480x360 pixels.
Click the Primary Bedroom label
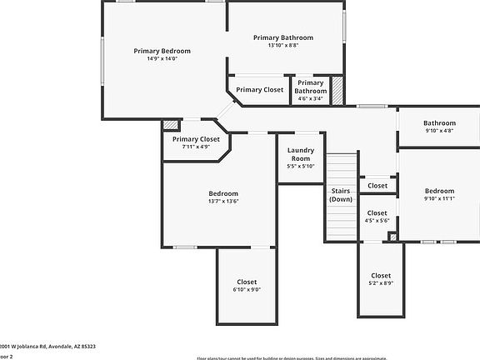tap(162, 51)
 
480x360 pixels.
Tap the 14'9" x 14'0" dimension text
tap(162, 59)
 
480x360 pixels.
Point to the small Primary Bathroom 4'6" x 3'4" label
tap(310, 90)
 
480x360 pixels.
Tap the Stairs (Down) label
tap(340, 195)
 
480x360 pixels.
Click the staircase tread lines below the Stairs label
tap(340, 221)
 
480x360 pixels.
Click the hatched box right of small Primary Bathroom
tap(337, 91)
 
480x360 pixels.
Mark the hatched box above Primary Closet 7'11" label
tap(171, 125)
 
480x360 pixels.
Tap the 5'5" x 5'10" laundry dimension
tap(300, 166)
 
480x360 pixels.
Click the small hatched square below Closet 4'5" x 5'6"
tap(392, 237)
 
